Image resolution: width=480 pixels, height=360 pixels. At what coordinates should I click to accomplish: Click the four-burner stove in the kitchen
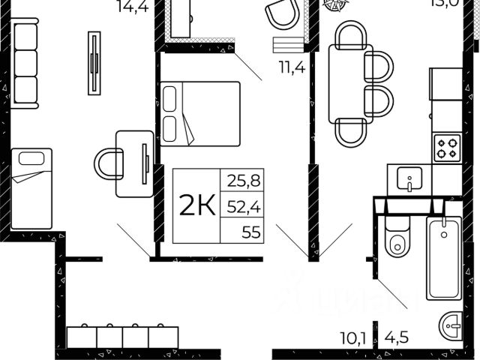448,146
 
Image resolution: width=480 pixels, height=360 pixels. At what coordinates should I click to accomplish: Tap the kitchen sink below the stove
409,181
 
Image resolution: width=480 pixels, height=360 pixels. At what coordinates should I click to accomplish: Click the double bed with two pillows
200,113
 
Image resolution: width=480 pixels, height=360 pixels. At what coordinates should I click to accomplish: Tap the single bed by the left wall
31,187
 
